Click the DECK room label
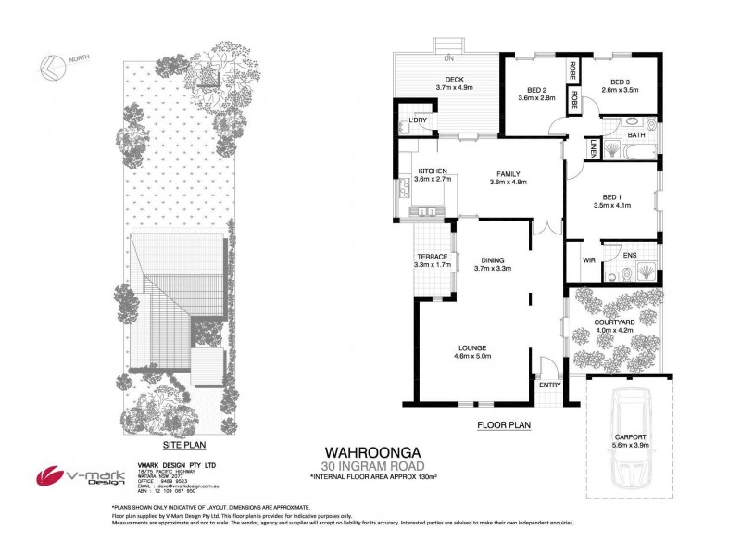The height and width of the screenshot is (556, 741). click(x=454, y=80)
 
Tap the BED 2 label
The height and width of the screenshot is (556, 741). click(x=533, y=88)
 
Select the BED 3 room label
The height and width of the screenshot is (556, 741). click(x=621, y=81)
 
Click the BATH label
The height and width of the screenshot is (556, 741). click(x=636, y=136)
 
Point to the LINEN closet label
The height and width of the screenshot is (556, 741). click(x=590, y=147)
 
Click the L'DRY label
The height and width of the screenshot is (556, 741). click(x=416, y=121)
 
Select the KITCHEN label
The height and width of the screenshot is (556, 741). click(x=433, y=171)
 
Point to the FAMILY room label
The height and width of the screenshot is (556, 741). click(x=507, y=174)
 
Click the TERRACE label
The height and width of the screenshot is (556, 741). click(x=433, y=257)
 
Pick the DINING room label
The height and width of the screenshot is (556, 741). click(x=492, y=259)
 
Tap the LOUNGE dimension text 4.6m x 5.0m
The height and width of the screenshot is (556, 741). click(x=471, y=356)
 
